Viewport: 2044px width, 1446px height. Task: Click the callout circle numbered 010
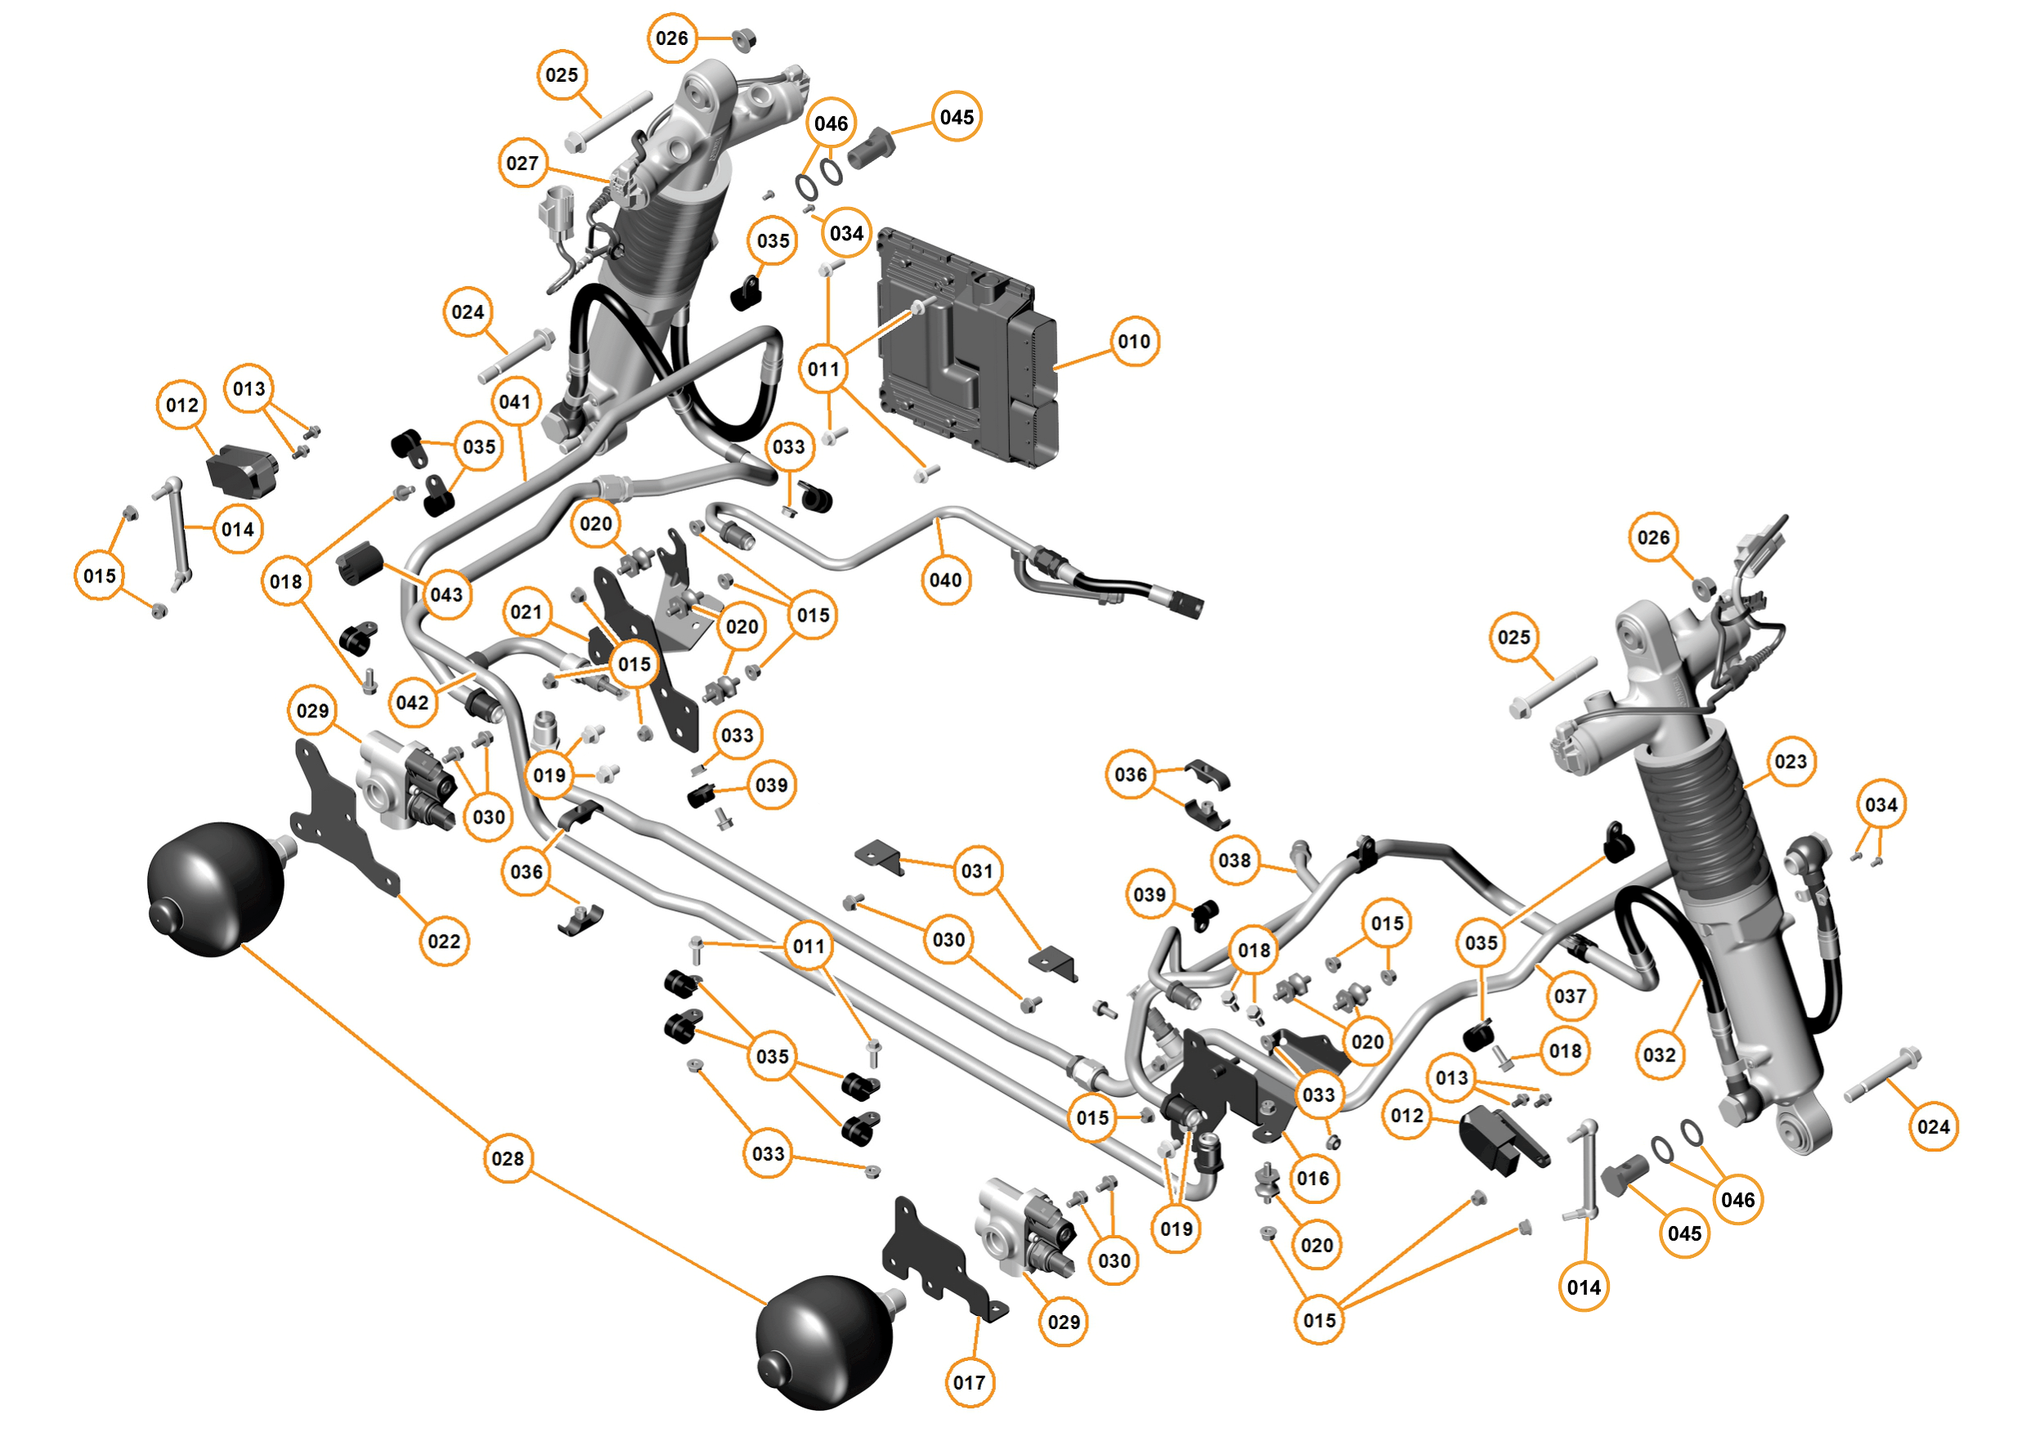tap(1133, 341)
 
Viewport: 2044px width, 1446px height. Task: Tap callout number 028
tap(508, 1158)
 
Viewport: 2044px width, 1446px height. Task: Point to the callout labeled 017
tap(969, 1383)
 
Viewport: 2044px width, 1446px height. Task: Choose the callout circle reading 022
tap(444, 941)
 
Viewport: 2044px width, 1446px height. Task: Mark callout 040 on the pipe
tap(944, 580)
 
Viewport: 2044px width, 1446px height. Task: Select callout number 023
tap(1791, 761)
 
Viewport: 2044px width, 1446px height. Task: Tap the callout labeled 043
tap(446, 594)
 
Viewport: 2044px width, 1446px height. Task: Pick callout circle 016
tap(1313, 1178)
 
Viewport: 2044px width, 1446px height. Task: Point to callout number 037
tap(1571, 995)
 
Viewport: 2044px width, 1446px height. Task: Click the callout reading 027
tap(522, 163)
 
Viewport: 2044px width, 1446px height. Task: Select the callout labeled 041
tap(514, 402)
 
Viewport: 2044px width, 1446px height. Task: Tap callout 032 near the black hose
tap(1660, 1055)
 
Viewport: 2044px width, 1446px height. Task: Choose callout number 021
tap(527, 612)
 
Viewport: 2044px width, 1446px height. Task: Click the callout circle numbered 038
tap(1235, 860)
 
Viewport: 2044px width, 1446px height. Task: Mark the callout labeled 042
tap(412, 703)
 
